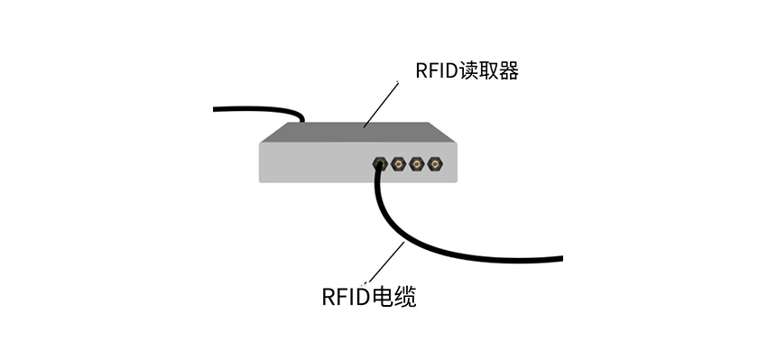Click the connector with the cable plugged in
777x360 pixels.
[380, 164]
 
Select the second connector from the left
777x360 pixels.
[398, 164]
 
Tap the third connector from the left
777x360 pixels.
[416, 164]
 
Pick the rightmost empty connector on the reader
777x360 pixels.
[435, 164]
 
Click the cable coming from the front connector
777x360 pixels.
[424, 241]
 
